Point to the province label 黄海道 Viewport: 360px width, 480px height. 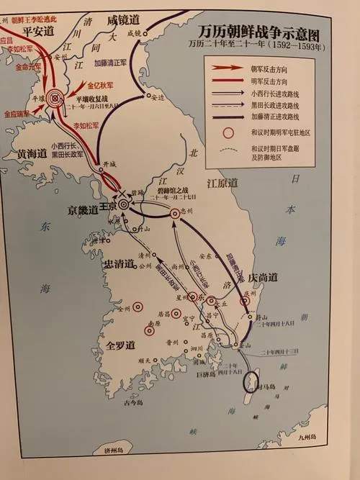click(x=27, y=153)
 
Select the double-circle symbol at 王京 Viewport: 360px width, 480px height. click(x=123, y=204)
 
